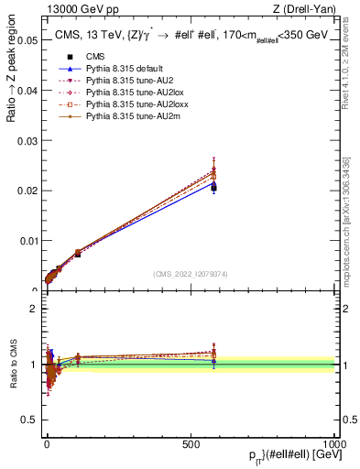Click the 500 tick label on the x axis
coord(191,443)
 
